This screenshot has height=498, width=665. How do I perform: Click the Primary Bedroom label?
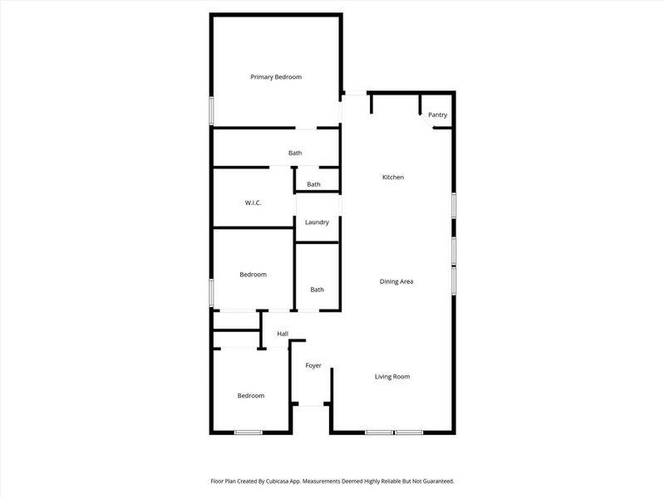(276, 76)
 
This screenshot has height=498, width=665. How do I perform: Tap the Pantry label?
(437, 115)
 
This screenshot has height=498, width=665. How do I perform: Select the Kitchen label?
(393, 177)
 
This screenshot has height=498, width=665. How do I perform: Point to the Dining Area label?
(397, 281)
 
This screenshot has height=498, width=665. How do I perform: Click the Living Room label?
(392, 376)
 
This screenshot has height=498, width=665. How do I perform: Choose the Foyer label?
(313, 365)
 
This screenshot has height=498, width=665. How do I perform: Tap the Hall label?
(283, 334)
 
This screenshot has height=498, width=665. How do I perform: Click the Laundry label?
(317, 222)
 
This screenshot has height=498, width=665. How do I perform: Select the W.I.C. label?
(254, 203)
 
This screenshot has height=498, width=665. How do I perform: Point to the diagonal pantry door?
(426, 120)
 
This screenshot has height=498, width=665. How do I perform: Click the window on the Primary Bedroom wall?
(211, 110)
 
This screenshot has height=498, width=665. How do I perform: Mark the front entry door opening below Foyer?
(311, 404)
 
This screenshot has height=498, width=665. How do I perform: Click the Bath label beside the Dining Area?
(317, 289)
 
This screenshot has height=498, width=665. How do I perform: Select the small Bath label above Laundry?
(313, 184)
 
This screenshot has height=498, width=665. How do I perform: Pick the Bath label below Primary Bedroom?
(295, 153)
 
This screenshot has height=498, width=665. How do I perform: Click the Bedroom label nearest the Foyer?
(251, 395)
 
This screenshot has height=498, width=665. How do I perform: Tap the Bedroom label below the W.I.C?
(254, 274)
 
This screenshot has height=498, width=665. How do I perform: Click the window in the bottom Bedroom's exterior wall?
(248, 432)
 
